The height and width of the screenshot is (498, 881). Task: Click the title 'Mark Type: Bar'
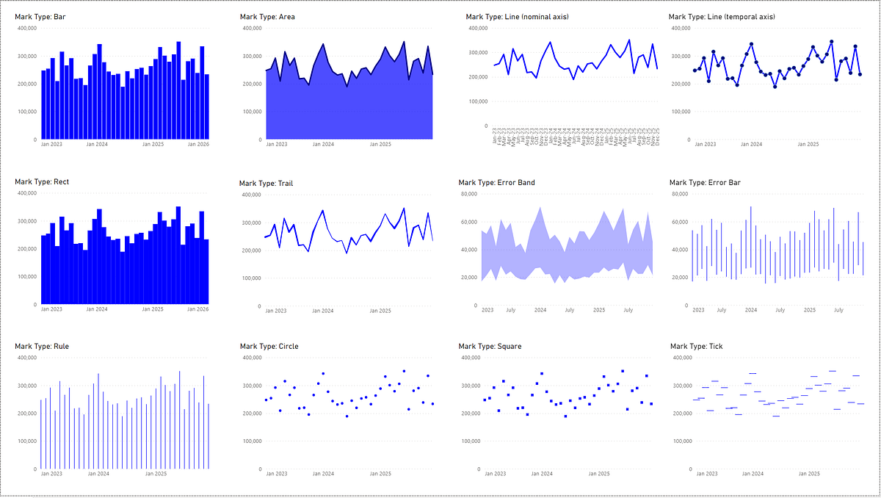coord(42,16)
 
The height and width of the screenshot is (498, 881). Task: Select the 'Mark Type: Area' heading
coord(267,16)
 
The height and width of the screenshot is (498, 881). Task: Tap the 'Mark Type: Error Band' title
coord(496,182)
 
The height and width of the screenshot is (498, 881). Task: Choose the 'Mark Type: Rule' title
coord(42,346)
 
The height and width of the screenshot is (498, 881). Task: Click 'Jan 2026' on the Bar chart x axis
coord(198,145)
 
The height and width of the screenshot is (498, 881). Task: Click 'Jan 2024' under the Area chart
coord(323,145)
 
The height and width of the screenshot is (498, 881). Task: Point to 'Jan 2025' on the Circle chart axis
coord(380,474)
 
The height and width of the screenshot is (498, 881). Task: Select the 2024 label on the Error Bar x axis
coord(751,310)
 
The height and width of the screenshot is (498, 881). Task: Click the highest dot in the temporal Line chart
coord(831,42)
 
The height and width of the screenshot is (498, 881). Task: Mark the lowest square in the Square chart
coord(565,416)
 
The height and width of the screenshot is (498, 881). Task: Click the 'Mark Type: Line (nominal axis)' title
coord(517,16)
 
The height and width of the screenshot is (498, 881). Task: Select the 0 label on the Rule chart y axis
coord(35,469)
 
